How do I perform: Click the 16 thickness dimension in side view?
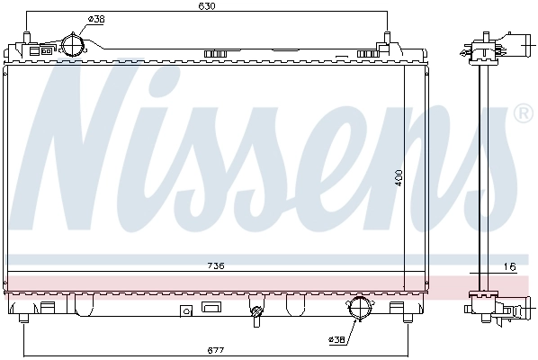[x=509, y=266]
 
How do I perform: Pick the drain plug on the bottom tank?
[x=258, y=315]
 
